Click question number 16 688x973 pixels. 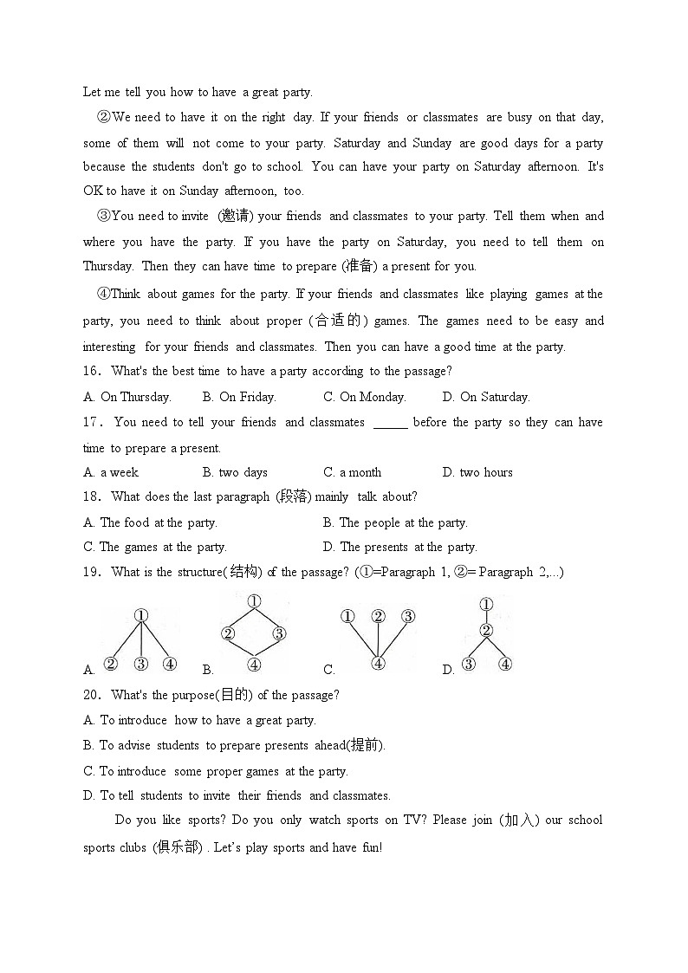pyautogui.click(x=91, y=372)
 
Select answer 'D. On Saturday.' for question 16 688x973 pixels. pyautogui.click(x=486, y=397)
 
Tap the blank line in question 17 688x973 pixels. pyautogui.click(x=390, y=424)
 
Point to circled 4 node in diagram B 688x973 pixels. pyautogui.click(x=253, y=665)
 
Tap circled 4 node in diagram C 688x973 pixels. pyautogui.click(x=378, y=663)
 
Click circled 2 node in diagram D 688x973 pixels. pyautogui.click(x=486, y=630)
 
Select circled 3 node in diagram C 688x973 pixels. pyautogui.click(x=407, y=617)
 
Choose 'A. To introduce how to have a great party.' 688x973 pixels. pyautogui.click(x=199, y=720)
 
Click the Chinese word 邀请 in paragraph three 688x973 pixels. pyautogui.click(x=237, y=216)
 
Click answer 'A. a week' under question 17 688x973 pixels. pyautogui.click(x=111, y=472)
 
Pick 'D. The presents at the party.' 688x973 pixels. pyautogui.click(x=399, y=547)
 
